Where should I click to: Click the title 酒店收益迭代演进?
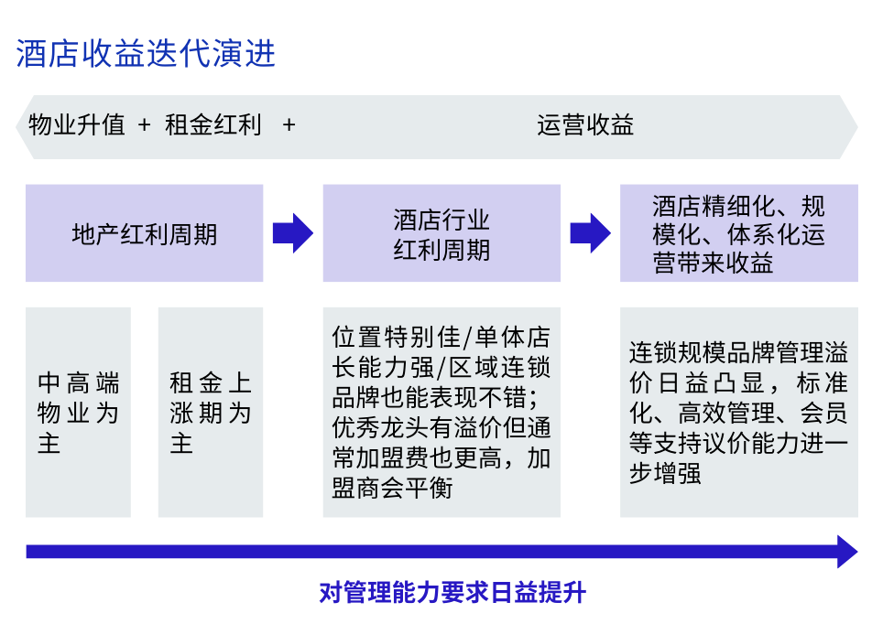coord(146,53)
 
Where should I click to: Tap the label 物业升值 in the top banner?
coord(77,124)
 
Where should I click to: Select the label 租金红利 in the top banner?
coord(213,124)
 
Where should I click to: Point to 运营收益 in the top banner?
coord(585,124)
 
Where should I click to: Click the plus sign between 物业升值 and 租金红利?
coord(144,124)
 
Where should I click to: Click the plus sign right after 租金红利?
coord(289,124)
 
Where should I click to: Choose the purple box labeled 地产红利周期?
coord(144,233)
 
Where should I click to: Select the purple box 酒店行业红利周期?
coord(441,233)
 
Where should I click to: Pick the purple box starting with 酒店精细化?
coord(739,233)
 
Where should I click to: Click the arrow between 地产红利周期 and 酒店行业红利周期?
coord(293,233)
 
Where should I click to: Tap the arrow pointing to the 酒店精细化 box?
coord(590,233)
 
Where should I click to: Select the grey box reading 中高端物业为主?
coord(78,412)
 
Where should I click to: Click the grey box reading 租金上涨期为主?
coord(211,412)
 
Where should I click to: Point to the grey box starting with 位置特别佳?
coord(441,412)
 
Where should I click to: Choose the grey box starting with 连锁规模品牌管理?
coord(739,412)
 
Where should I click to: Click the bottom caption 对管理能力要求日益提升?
coord(452,593)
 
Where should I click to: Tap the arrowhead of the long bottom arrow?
coord(847,552)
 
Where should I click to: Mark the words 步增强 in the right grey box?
coord(665,473)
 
